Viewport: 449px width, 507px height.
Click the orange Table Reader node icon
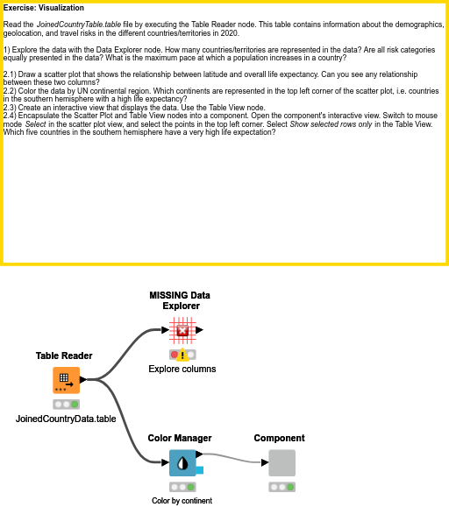click(66, 381)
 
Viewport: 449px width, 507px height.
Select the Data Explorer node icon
click(182, 330)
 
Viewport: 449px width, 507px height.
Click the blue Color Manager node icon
click(182, 462)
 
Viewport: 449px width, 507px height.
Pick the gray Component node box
click(282, 462)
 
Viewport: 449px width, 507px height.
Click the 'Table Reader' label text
click(64, 356)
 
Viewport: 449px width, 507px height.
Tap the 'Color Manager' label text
click(180, 438)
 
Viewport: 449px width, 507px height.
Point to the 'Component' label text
click(279, 438)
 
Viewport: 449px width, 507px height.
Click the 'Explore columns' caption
click(182, 369)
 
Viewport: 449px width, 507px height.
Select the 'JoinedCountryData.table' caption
click(66, 419)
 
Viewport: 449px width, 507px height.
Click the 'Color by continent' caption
click(182, 501)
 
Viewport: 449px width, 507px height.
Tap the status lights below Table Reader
click(66, 404)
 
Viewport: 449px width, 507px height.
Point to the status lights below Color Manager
click(182, 486)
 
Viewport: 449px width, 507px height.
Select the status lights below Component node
click(282, 486)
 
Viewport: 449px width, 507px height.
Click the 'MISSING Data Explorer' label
click(182, 300)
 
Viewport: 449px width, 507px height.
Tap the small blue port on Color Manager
click(200, 471)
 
